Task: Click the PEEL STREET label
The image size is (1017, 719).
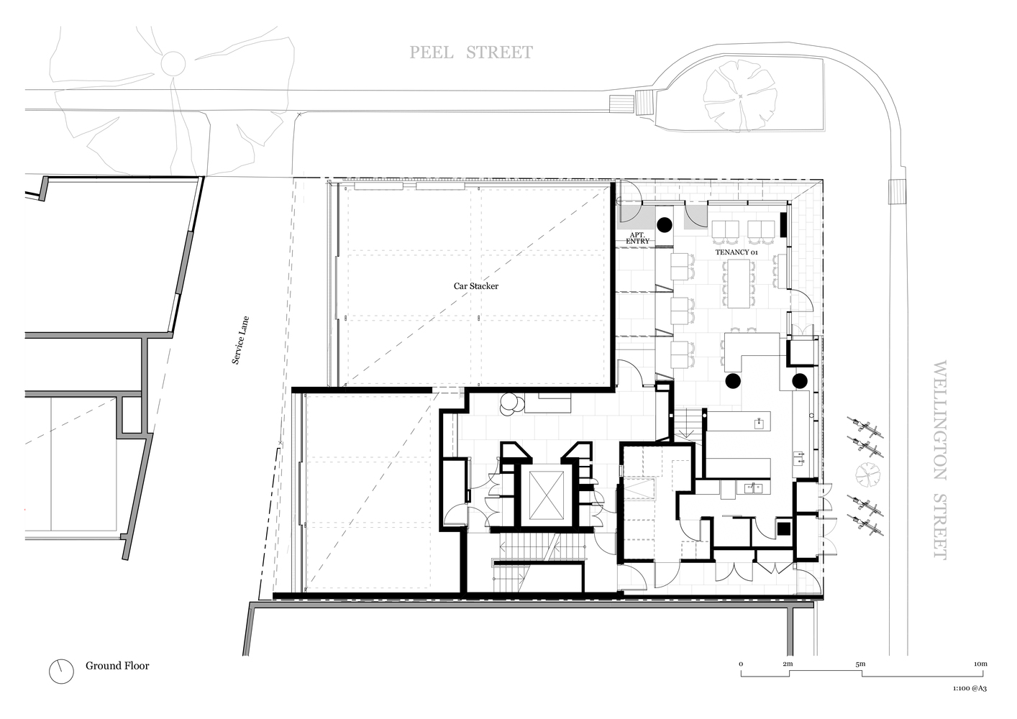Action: [x=471, y=52]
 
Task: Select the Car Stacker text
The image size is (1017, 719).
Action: [x=475, y=286]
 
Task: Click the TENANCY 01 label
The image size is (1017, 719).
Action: [x=736, y=253]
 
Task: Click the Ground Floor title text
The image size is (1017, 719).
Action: [x=117, y=666]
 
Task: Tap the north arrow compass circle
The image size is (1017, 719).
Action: [x=61, y=671]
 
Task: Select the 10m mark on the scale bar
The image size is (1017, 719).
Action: [x=980, y=664]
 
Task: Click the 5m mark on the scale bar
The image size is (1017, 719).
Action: [x=860, y=664]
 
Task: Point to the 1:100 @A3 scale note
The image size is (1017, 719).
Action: [x=968, y=689]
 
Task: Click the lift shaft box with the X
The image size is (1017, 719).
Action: [x=544, y=495]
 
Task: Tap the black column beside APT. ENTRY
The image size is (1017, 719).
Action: [x=664, y=224]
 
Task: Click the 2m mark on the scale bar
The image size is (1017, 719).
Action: [x=788, y=664]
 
